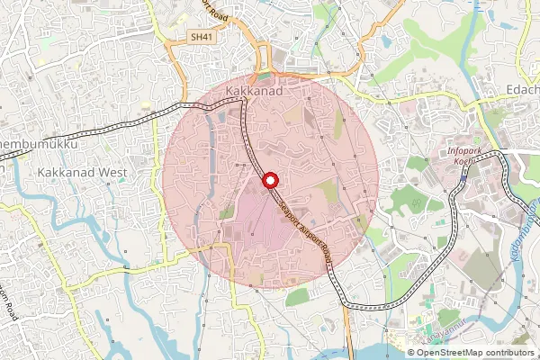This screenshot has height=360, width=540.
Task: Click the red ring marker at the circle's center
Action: click(x=268, y=183)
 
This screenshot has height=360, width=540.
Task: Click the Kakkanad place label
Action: click(x=255, y=93)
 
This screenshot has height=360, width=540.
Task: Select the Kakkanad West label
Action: click(x=82, y=170)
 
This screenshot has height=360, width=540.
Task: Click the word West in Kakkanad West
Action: click(x=113, y=170)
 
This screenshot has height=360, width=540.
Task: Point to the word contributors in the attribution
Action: click(x=508, y=353)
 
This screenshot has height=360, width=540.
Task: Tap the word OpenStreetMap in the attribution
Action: click(x=449, y=353)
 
